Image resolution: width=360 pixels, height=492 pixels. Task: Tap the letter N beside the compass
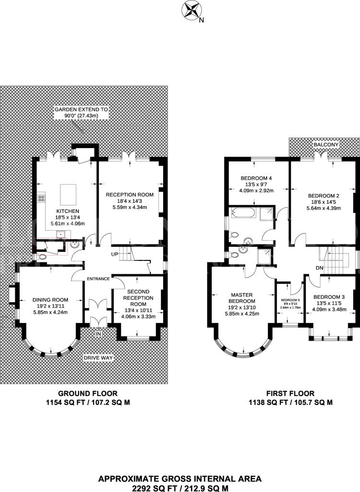202,20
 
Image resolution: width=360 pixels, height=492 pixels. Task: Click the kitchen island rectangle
68,195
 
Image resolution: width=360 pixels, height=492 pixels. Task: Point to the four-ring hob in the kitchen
41,198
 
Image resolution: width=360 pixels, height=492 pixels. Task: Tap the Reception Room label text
130,195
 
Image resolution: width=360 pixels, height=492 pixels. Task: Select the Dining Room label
50,300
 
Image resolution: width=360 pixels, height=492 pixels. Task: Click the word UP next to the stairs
114,254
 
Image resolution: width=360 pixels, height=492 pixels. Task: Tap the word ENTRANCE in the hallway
98,279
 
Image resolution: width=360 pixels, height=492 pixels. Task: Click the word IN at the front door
98,334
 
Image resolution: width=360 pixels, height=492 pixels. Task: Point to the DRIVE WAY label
98,358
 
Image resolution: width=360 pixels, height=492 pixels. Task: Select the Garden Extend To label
81,110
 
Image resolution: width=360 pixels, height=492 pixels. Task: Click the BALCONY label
326,145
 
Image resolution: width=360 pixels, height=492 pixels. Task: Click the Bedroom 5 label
290,300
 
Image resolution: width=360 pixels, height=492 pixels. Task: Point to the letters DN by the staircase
320,268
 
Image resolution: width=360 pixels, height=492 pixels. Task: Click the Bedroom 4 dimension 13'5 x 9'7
256,184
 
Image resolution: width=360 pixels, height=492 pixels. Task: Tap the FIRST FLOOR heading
290,394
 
